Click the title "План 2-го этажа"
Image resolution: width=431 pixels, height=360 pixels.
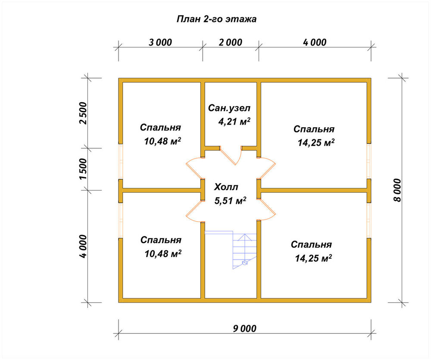[216, 19]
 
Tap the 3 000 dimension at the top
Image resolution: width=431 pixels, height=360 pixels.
[160, 42]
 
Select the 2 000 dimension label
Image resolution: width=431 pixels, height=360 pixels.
[231, 42]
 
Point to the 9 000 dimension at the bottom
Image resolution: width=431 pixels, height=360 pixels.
[245, 329]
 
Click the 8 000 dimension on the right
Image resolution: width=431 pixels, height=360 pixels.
[397, 190]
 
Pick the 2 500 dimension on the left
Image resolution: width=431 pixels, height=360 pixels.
[83, 113]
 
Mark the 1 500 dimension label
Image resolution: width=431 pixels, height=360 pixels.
[83, 169]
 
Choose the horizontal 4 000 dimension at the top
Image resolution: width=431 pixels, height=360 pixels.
[315, 42]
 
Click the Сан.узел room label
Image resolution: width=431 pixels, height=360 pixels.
[229, 108]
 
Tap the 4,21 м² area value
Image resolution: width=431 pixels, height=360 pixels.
[234, 121]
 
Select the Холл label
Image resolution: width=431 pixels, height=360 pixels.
[226, 187]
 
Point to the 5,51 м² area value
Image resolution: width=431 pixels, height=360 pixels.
[230, 200]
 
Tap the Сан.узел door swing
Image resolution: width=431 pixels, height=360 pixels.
[230, 155]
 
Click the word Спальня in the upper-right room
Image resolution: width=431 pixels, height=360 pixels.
[314, 129]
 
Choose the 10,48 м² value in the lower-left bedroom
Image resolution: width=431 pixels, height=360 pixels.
[163, 254]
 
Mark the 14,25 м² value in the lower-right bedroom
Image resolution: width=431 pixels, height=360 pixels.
[313, 258]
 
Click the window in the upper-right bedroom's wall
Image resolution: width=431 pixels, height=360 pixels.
[369, 161]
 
